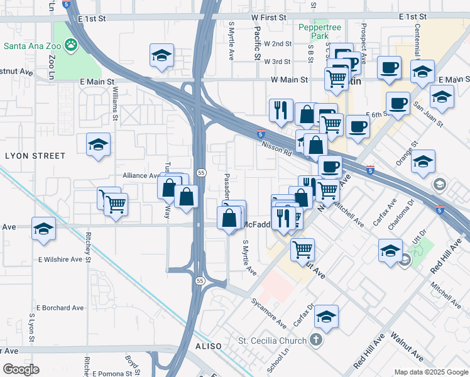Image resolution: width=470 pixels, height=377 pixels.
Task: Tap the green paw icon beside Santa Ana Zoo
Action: pyautogui.click(x=72, y=45)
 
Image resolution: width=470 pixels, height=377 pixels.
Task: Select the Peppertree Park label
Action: pyautogui.click(x=314, y=31)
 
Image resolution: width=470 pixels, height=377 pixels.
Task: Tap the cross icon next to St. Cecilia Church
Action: pyautogui.click(x=315, y=341)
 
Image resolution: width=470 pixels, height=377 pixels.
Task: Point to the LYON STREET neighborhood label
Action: pyautogui.click(x=35, y=155)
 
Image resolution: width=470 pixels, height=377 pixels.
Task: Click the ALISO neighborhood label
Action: pyautogui.click(x=209, y=346)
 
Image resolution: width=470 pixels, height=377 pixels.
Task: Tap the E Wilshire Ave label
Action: pyautogui.click(x=60, y=259)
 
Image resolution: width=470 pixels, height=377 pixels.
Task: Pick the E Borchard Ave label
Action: pyautogui.click(x=60, y=308)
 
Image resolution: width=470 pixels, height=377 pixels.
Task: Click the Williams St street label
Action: pyautogui.click(x=115, y=104)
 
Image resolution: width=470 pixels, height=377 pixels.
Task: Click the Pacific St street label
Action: pyautogui.click(x=257, y=43)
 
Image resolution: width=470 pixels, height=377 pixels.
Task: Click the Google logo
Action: pyautogui.click(x=21, y=369)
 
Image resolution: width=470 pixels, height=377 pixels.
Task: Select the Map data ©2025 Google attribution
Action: pyautogui.click(x=430, y=372)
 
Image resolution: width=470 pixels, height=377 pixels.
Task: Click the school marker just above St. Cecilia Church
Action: pyautogui.click(x=327, y=317)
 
